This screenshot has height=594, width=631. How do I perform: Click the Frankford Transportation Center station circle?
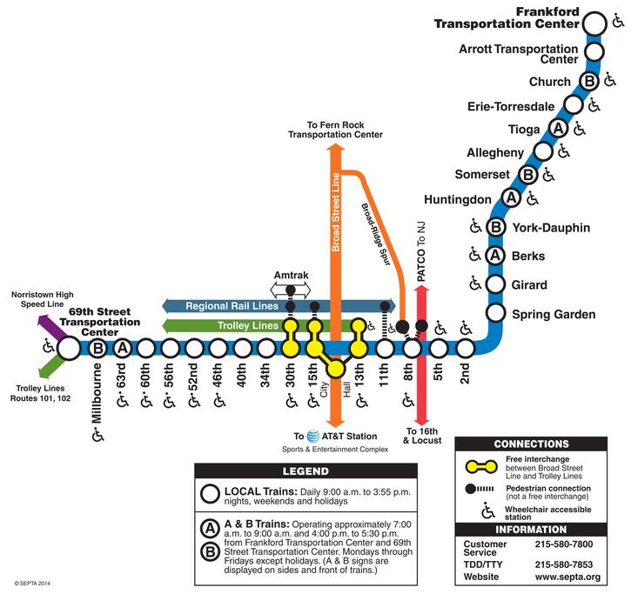[594, 23]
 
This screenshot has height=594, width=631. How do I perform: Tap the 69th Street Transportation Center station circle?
[69, 348]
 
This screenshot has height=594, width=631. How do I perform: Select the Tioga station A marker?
[558, 129]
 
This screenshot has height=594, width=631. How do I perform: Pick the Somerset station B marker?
[528, 175]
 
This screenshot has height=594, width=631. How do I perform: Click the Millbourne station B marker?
[97, 348]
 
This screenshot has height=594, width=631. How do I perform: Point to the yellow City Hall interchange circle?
[335, 368]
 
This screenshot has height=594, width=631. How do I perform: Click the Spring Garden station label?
[554, 314]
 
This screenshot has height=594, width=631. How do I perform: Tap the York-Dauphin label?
[551, 228]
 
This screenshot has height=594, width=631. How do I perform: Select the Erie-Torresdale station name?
[511, 107]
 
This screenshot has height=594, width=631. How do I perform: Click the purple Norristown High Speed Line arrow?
[51, 328]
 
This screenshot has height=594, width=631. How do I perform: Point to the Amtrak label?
[291, 275]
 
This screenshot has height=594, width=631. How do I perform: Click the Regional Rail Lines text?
[232, 306]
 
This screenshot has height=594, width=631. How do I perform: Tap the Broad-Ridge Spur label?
[376, 234]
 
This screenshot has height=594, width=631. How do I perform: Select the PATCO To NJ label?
[421, 251]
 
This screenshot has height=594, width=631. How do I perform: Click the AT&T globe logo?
[313, 437]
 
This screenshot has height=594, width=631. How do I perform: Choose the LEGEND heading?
[305, 471]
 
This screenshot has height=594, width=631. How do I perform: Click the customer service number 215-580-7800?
[564, 544]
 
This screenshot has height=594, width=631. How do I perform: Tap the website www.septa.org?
[567, 577]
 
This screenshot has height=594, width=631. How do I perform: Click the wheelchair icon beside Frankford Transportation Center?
[618, 20]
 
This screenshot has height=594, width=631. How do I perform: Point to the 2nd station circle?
[466, 348]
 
